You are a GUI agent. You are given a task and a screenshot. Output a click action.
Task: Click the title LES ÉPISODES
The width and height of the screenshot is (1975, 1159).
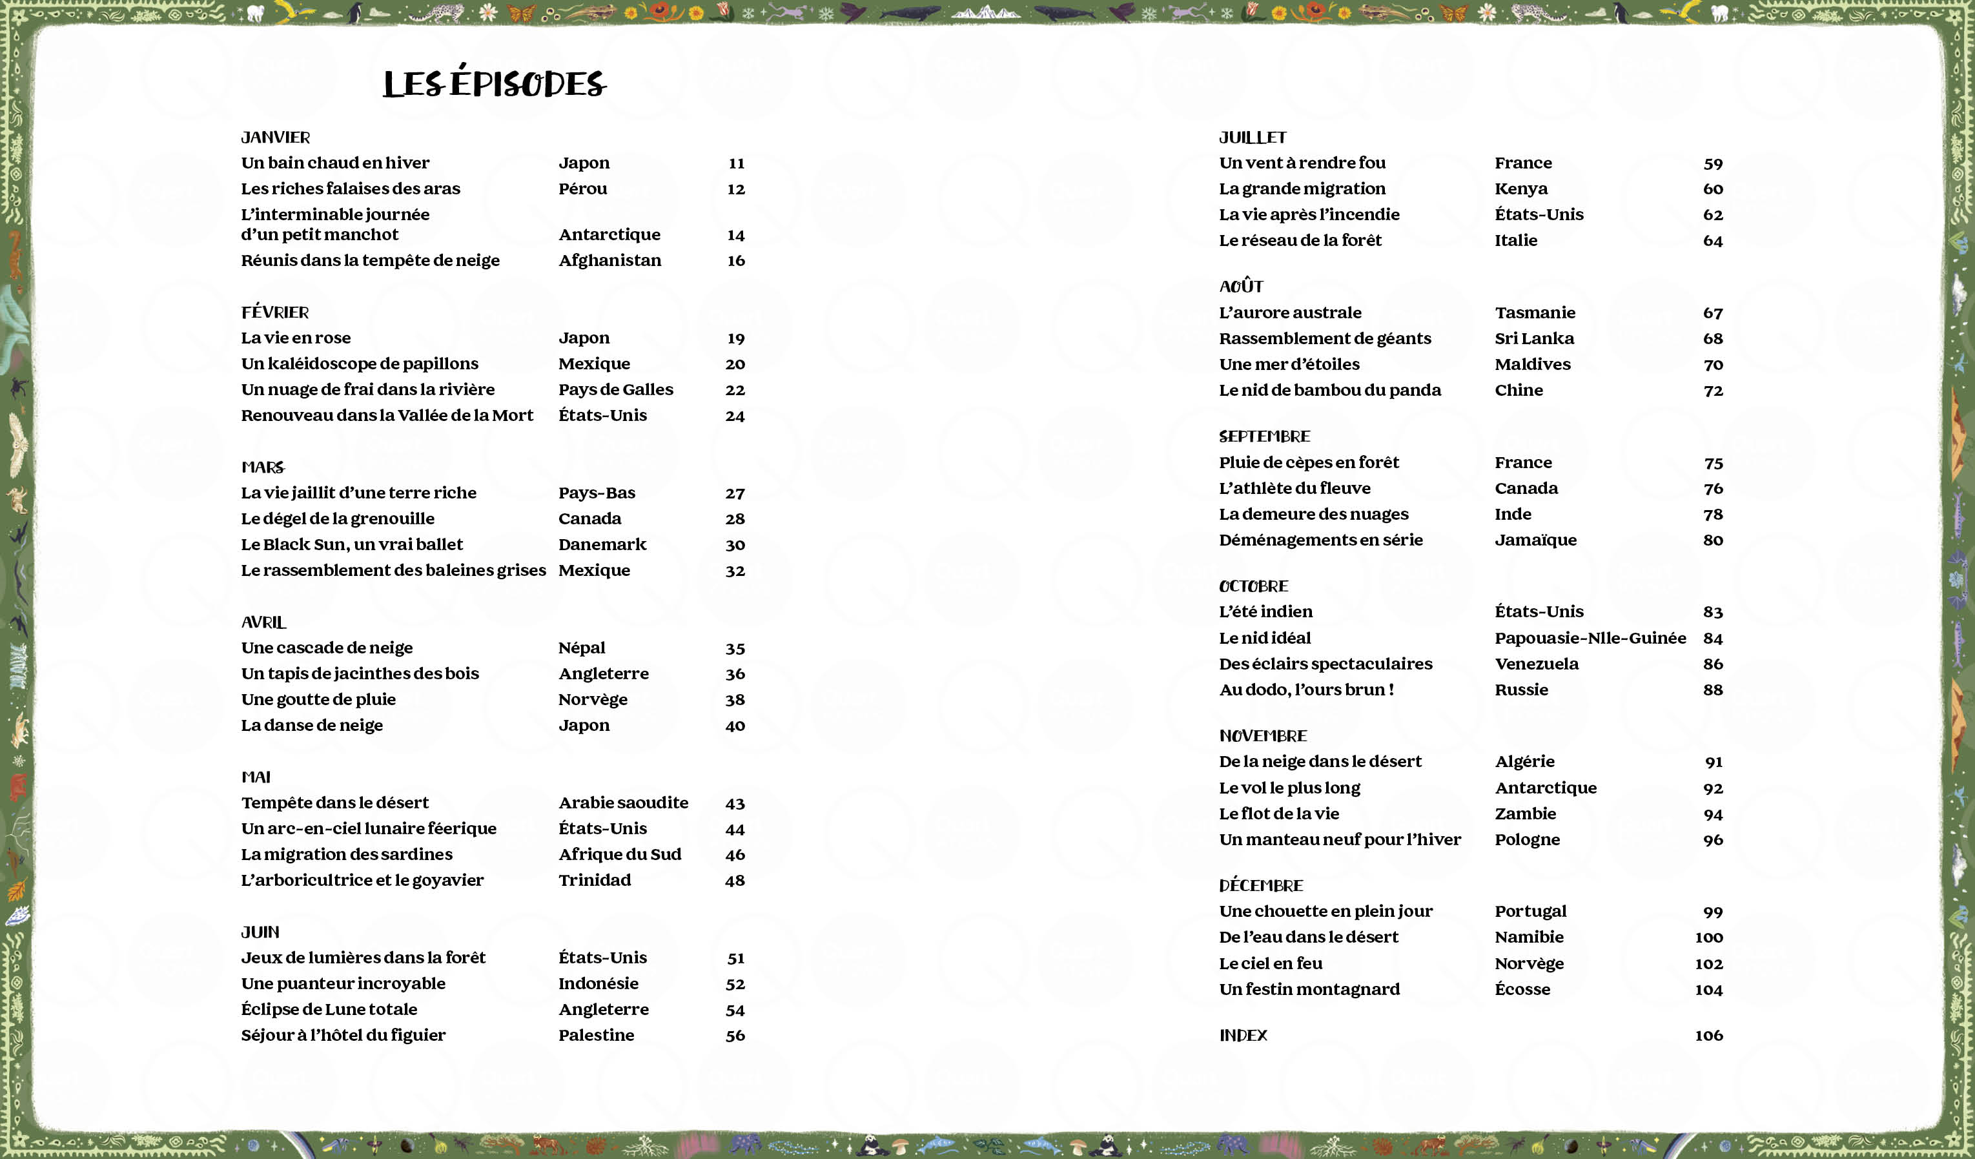pos(495,84)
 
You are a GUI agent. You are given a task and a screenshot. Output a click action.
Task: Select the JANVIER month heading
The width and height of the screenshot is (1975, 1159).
pos(275,137)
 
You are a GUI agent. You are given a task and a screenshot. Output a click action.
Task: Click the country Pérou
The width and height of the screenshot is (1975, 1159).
pos(582,189)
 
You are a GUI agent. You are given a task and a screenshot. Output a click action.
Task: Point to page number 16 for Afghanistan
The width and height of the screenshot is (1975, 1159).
pos(735,260)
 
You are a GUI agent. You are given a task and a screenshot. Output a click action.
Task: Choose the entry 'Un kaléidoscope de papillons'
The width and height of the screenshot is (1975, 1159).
pos(359,364)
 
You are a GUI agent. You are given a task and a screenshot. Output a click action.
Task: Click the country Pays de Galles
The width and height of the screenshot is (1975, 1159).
pos(615,389)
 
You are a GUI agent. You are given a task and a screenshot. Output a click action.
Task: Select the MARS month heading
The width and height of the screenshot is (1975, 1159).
pos(263,467)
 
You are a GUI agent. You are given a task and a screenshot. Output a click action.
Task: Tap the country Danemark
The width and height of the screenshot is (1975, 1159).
pos(602,544)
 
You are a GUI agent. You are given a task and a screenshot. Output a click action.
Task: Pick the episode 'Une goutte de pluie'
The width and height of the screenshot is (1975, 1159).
pos(318,699)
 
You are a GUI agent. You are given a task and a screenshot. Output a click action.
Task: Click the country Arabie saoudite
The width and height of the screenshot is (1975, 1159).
pos(623,803)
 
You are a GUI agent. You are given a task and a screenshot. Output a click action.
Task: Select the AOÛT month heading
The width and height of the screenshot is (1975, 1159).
pos(1241,286)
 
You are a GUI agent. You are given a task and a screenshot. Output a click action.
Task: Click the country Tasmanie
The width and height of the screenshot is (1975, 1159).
pos(1535,313)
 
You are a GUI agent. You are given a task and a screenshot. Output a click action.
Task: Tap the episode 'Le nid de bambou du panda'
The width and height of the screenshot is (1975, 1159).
pos(1329,390)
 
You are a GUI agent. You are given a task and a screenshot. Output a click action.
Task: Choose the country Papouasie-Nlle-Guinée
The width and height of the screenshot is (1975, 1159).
pos(1590,638)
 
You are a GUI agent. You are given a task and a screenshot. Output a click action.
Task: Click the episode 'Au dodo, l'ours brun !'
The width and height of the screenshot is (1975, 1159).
pos(1305,690)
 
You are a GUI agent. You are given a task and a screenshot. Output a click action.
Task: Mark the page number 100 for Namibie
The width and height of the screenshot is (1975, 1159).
pos(1708,938)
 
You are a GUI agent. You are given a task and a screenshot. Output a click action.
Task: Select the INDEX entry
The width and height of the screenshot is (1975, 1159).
pos(1243,1035)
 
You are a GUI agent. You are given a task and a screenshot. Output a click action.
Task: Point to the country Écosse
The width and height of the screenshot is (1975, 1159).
pos(1522,989)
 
